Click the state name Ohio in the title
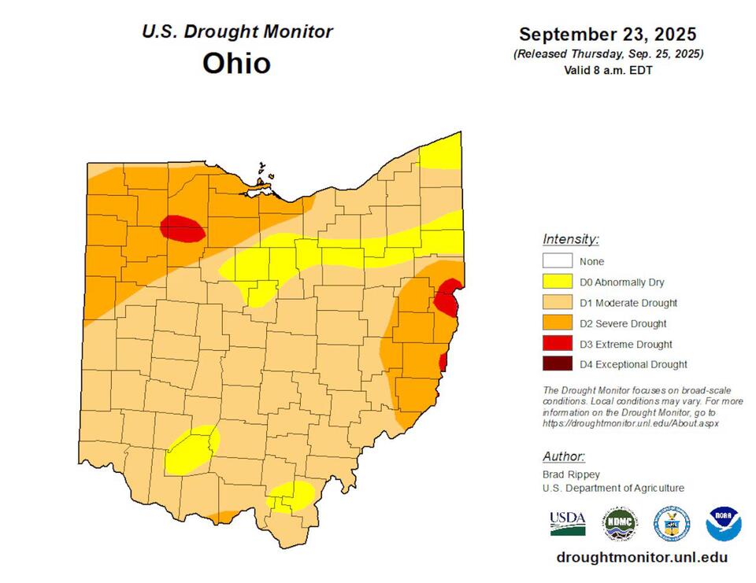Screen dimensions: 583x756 (236, 63)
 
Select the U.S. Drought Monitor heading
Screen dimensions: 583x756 (237, 32)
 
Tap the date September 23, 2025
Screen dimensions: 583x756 (607, 35)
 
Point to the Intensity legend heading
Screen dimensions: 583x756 (571, 239)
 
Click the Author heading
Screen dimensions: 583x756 (563, 457)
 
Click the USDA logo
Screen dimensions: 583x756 (567, 522)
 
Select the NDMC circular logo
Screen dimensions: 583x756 (621, 523)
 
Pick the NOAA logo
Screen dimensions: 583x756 (723, 523)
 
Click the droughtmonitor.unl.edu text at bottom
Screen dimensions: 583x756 (641, 558)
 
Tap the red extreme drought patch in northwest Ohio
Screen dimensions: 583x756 (182, 228)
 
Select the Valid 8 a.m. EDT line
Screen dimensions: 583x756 (607, 70)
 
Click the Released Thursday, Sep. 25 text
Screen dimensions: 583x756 (607, 54)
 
